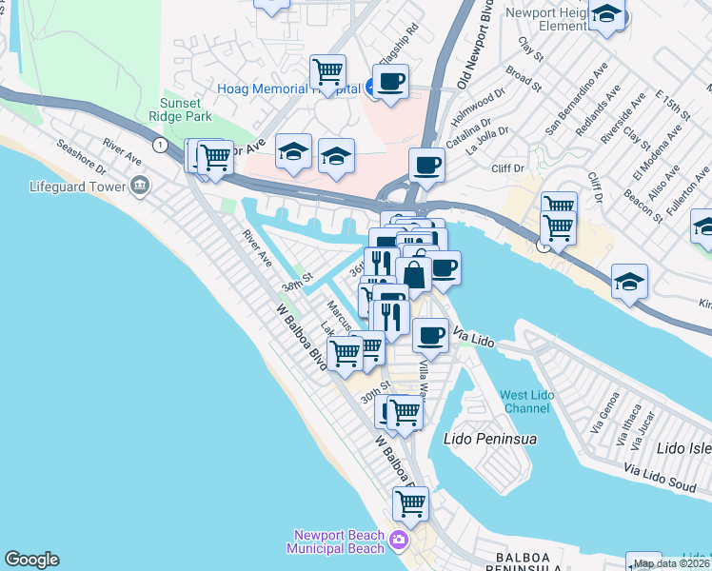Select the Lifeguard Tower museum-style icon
141,184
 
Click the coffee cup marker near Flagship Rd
388,82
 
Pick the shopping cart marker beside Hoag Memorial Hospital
327,71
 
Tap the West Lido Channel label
525,402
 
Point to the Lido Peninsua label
491,440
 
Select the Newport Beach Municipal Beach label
338,541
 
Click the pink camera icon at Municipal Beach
398,541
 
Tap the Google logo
31,560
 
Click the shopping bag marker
414,275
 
